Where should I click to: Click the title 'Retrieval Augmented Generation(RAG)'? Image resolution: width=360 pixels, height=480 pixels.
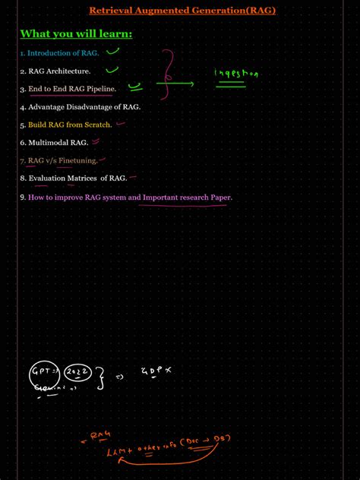[x=182, y=11]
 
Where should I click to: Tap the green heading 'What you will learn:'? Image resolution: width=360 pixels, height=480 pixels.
[x=76, y=33]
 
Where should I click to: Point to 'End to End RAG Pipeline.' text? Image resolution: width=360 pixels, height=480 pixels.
[x=71, y=90]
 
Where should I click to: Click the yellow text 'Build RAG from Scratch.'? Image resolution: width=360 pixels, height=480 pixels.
[x=70, y=125]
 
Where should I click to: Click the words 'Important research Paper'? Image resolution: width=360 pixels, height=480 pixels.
[x=187, y=197]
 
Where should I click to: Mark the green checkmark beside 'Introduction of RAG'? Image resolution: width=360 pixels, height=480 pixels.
[x=113, y=52]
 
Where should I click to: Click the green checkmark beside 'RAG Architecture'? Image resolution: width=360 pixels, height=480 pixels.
[x=112, y=70]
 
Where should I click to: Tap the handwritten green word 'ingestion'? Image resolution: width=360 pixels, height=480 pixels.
[x=236, y=74]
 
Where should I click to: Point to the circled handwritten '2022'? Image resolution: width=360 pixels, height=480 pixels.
[x=77, y=373]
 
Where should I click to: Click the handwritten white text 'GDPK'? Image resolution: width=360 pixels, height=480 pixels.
[x=156, y=371]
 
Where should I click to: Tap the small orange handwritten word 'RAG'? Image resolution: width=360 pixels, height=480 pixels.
[x=99, y=436]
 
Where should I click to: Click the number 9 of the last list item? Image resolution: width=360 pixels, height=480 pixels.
[x=23, y=197]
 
